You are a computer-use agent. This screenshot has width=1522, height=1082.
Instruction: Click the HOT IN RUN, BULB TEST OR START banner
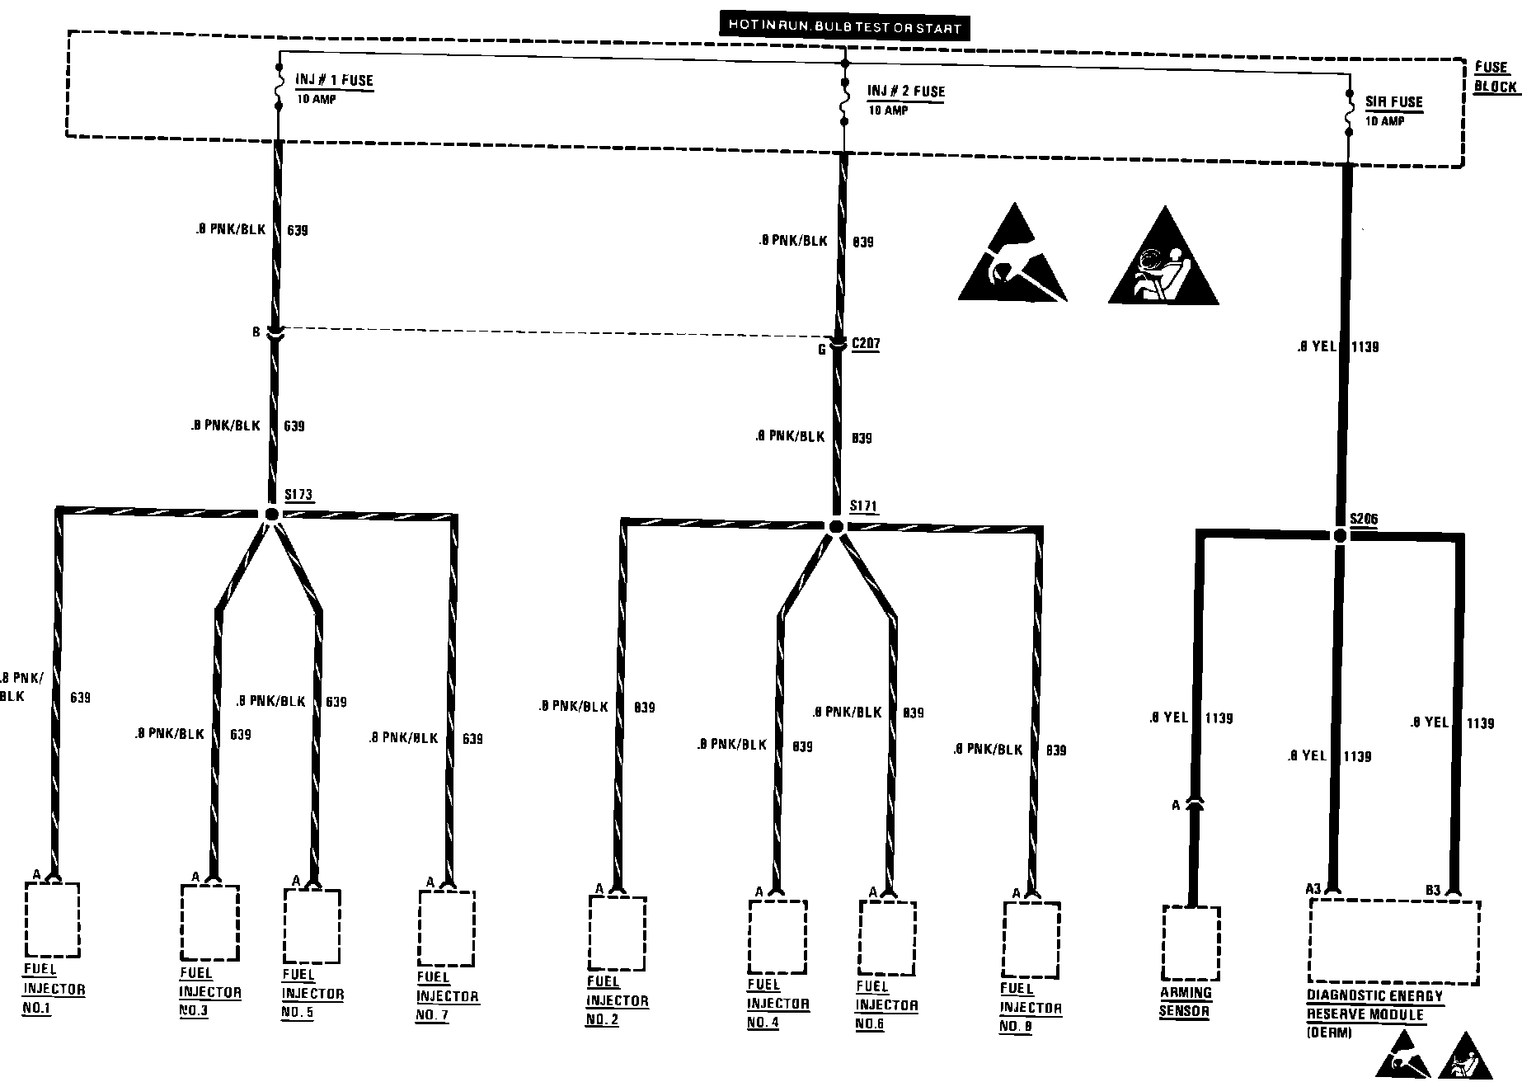click(x=843, y=26)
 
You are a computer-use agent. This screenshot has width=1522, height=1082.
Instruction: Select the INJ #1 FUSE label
click(x=334, y=81)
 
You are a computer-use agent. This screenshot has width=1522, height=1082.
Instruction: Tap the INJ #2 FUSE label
click(x=905, y=92)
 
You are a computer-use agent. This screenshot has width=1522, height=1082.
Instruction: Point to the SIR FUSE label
click(x=1393, y=102)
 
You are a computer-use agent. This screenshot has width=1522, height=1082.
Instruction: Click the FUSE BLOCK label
click(x=1494, y=77)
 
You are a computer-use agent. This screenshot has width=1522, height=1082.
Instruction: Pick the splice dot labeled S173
click(x=272, y=514)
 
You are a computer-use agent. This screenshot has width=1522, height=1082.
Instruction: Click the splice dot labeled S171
click(x=836, y=526)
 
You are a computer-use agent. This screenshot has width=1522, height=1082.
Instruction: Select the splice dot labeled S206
click(x=1340, y=536)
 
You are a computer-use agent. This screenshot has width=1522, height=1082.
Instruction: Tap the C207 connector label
click(x=865, y=344)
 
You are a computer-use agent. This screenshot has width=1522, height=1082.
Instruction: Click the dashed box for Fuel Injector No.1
click(x=52, y=920)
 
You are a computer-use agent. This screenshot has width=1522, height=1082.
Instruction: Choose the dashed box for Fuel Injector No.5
click(x=312, y=926)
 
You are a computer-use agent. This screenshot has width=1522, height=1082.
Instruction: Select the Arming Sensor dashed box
click(x=1191, y=942)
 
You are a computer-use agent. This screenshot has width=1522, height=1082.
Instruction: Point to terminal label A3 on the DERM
click(x=1313, y=888)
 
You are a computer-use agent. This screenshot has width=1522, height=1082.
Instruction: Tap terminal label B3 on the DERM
click(x=1433, y=890)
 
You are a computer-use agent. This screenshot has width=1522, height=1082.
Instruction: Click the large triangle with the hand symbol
click(x=1012, y=257)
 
